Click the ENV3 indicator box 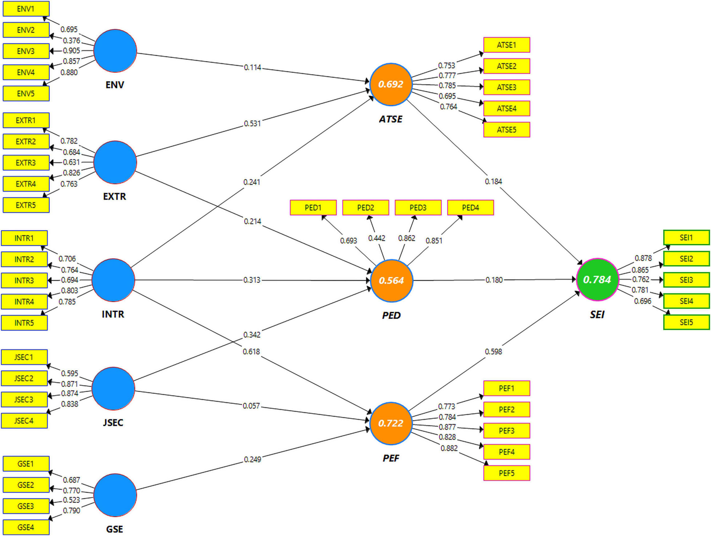pyautogui.click(x=26, y=51)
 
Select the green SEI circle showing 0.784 pyautogui.click(x=597, y=279)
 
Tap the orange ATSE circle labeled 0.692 pyautogui.click(x=391, y=84)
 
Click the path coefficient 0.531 pyautogui.click(x=252, y=123)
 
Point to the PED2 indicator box pyautogui.click(x=366, y=208)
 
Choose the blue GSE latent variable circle pyautogui.click(x=115, y=495)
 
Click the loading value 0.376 pyautogui.click(x=71, y=40)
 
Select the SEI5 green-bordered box pyautogui.click(x=686, y=322)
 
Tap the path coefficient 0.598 pyautogui.click(x=493, y=352)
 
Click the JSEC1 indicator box pyautogui.click(x=24, y=357)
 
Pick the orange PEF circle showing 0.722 pyautogui.click(x=391, y=423)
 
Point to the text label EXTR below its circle pyautogui.click(x=114, y=196)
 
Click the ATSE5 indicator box pyautogui.click(x=506, y=129)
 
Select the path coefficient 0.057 pyautogui.click(x=251, y=406)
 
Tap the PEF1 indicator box pyautogui.click(x=506, y=388)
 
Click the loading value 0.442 pyautogui.click(x=376, y=238)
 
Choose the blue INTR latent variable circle pyautogui.click(x=114, y=280)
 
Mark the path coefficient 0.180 pyautogui.click(x=494, y=280)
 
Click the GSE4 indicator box pyautogui.click(x=26, y=527)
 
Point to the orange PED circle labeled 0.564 pyautogui.click(x=391, y=281)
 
